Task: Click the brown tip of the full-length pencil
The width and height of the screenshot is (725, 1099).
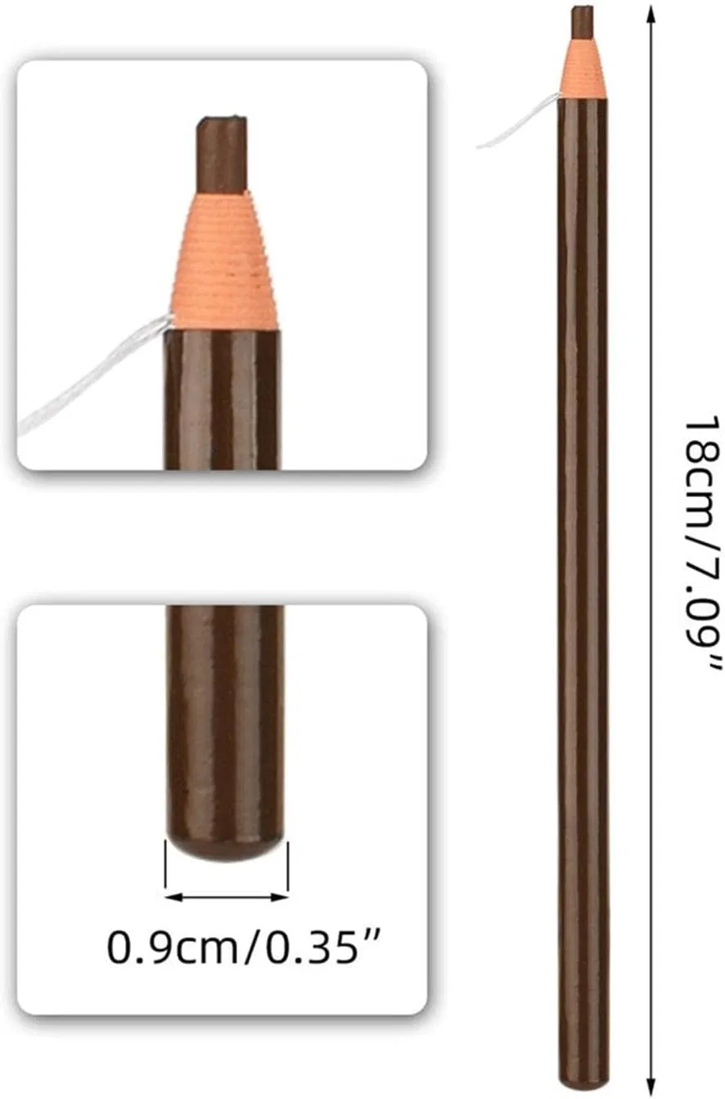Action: [x=582, y=22]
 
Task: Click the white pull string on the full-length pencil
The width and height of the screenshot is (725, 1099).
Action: [x=519, y=121]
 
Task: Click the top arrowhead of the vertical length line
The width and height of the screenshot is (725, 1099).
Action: [x=651, y=15]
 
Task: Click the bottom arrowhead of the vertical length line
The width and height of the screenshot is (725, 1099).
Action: [x=651, y=1085]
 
